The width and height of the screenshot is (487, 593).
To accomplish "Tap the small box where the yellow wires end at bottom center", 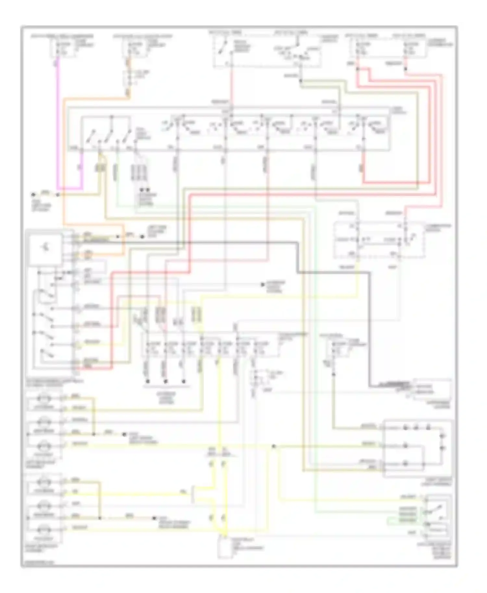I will pos(225,547).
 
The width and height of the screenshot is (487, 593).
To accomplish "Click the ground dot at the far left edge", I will pos(33,195).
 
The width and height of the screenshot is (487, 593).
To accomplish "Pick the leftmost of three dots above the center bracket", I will pos(147,381).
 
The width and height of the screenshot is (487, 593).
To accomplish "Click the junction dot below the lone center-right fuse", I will pos(333,375).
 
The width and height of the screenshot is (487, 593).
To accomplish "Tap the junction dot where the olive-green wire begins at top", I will pos(301,81).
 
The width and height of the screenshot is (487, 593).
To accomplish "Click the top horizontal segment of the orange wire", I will pos(97,98).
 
